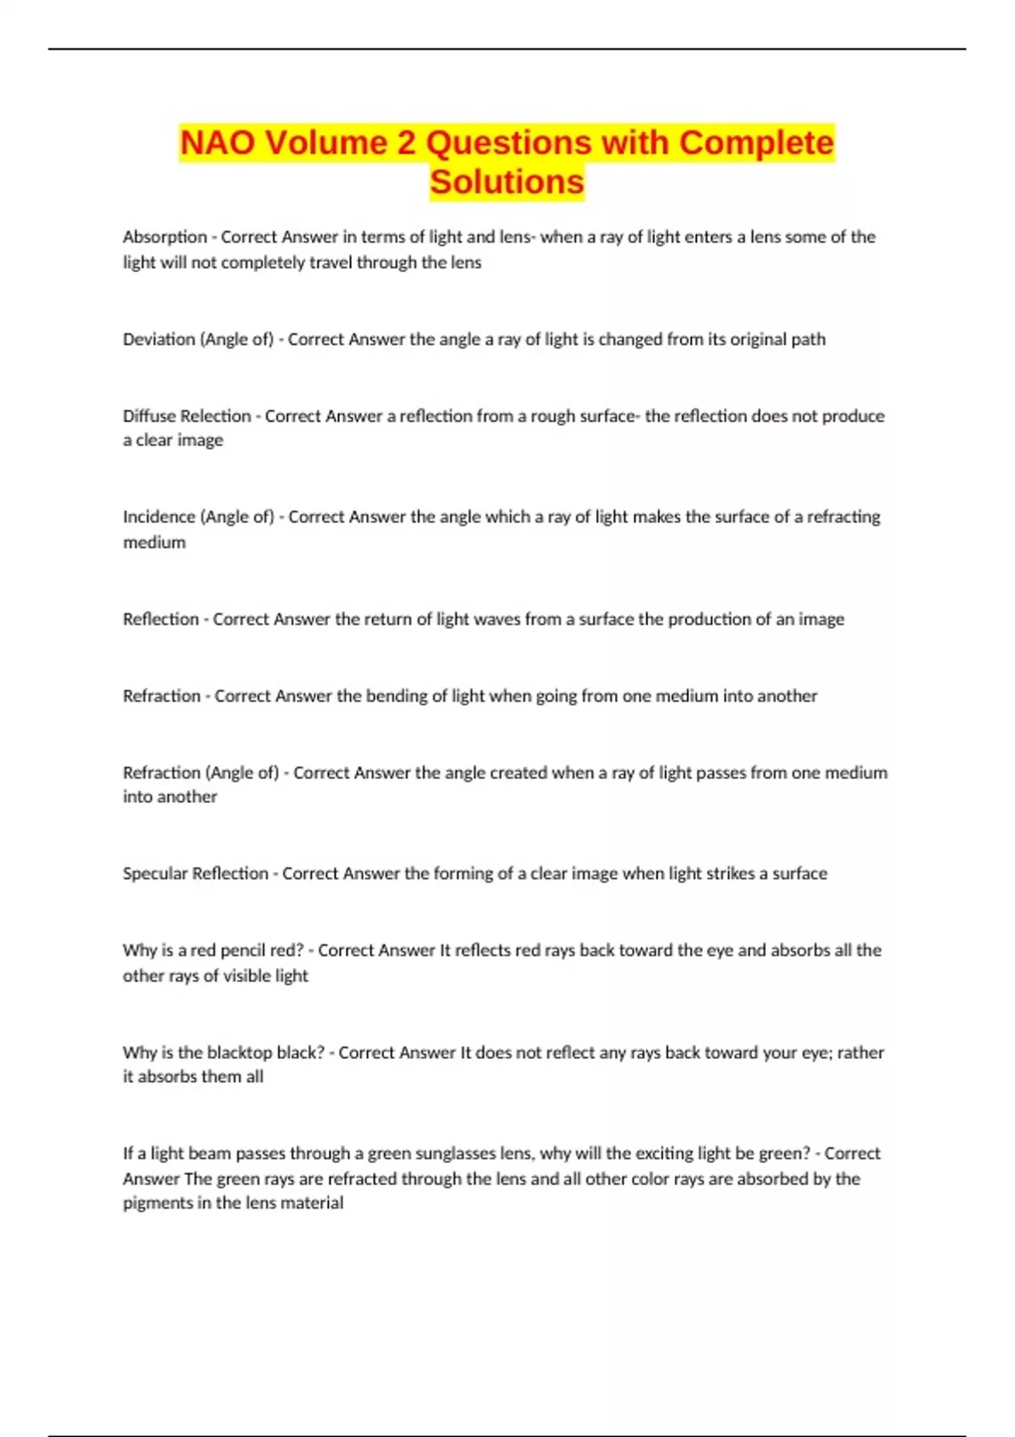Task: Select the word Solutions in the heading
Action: point(507,182)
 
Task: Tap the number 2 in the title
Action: point(407,143)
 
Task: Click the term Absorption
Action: point(165,237)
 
